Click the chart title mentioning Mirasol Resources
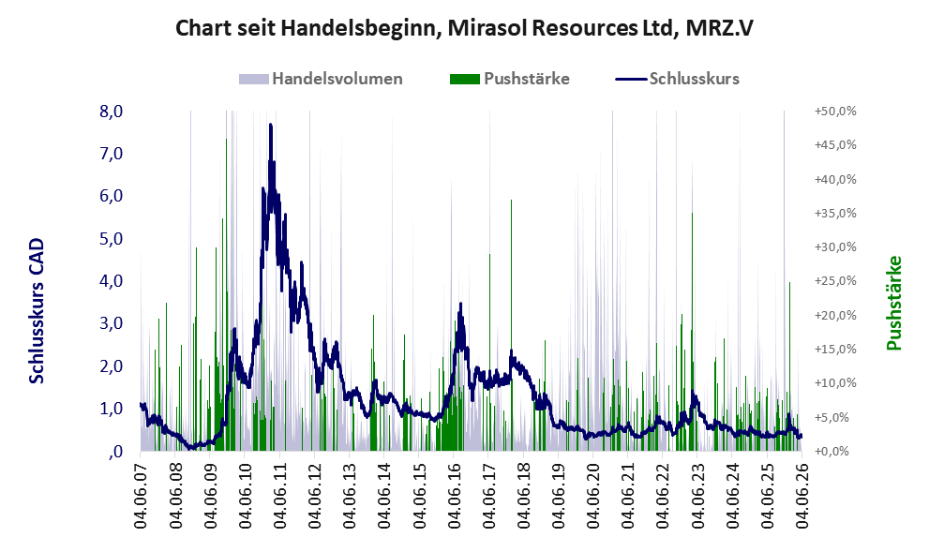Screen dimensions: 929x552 pos(464,28)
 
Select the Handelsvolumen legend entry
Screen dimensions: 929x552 pos(321,79)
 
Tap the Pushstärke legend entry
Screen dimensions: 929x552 pos(510,79)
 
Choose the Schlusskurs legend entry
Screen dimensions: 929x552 pos(677,79)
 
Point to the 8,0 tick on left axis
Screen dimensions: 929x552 pos(111,112)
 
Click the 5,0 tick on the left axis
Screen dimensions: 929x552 pos(111,239)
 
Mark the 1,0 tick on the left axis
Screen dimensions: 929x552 pos(111,409)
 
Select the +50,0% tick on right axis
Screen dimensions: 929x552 pos(835,112)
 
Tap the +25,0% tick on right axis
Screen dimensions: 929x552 pos(835,281)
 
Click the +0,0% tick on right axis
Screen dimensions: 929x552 pos(836,452)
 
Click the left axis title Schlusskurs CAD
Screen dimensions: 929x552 pos(37,311)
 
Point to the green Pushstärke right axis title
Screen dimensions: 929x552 pos(894,303)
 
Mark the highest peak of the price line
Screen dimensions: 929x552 pos(271,125)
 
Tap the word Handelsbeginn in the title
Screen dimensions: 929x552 pos(359,28)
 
